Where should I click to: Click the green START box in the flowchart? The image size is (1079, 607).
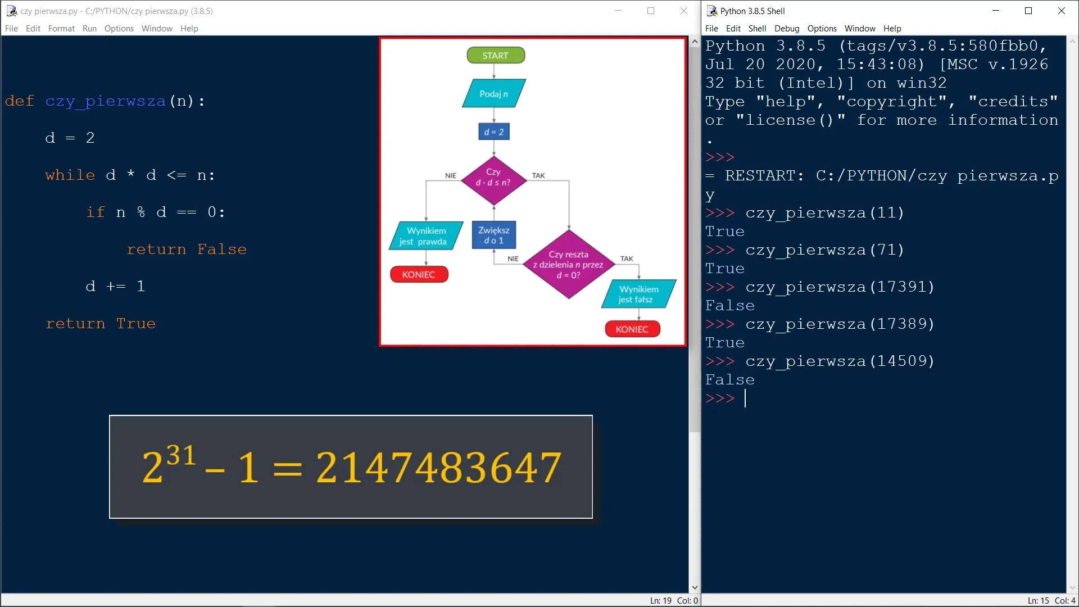pos(496,56)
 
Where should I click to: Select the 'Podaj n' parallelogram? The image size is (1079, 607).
pos(494,93)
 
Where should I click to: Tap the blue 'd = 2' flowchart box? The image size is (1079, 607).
pos(494,132)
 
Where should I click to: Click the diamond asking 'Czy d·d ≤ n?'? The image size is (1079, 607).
pos(493,180)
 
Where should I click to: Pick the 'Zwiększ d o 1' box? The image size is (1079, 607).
pos(494,235)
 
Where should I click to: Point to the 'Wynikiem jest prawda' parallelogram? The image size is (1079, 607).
pos(427,236)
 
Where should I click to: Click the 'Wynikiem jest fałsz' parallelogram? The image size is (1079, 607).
pos(639,294)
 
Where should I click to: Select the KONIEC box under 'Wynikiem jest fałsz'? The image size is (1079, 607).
pos(632,329)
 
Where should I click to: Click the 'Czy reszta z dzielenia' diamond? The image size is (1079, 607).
pos(569,264)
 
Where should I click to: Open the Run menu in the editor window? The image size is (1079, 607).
pos(89,29)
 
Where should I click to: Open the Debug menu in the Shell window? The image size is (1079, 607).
pos(786,29)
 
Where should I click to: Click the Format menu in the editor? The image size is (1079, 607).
pos(61,29)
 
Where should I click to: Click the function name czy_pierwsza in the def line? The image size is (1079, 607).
pos(106,101)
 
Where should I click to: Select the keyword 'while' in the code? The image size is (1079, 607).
pos(70,175)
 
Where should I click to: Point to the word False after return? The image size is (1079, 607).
pos(222,250)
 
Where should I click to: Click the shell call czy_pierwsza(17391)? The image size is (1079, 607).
pos(840,287)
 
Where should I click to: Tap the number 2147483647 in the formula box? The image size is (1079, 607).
pos(439,468)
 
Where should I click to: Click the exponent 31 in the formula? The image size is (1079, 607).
pos(182,455)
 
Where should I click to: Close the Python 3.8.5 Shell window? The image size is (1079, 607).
pos(1062,11)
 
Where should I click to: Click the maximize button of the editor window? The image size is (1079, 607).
pos(651,11)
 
